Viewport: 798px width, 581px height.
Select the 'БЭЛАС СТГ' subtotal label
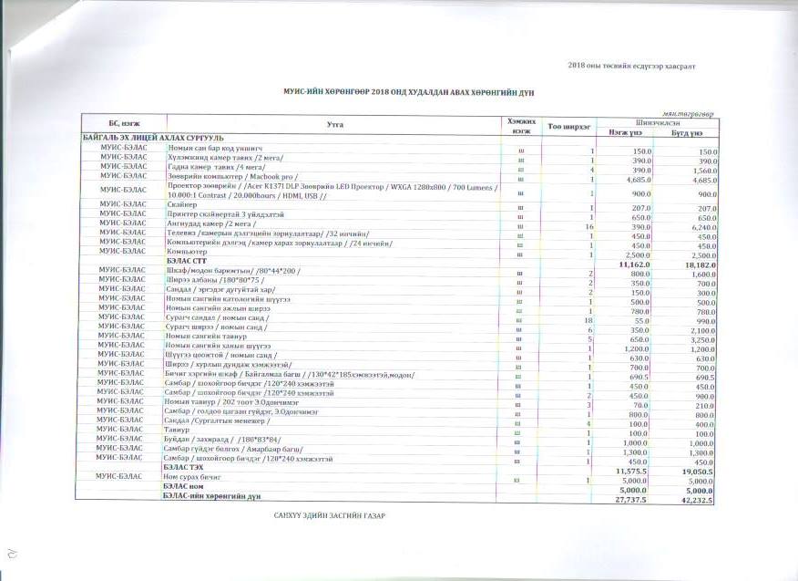[x=181, y=259]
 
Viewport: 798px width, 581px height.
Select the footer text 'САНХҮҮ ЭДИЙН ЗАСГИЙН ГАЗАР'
[x=330, y=517]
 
